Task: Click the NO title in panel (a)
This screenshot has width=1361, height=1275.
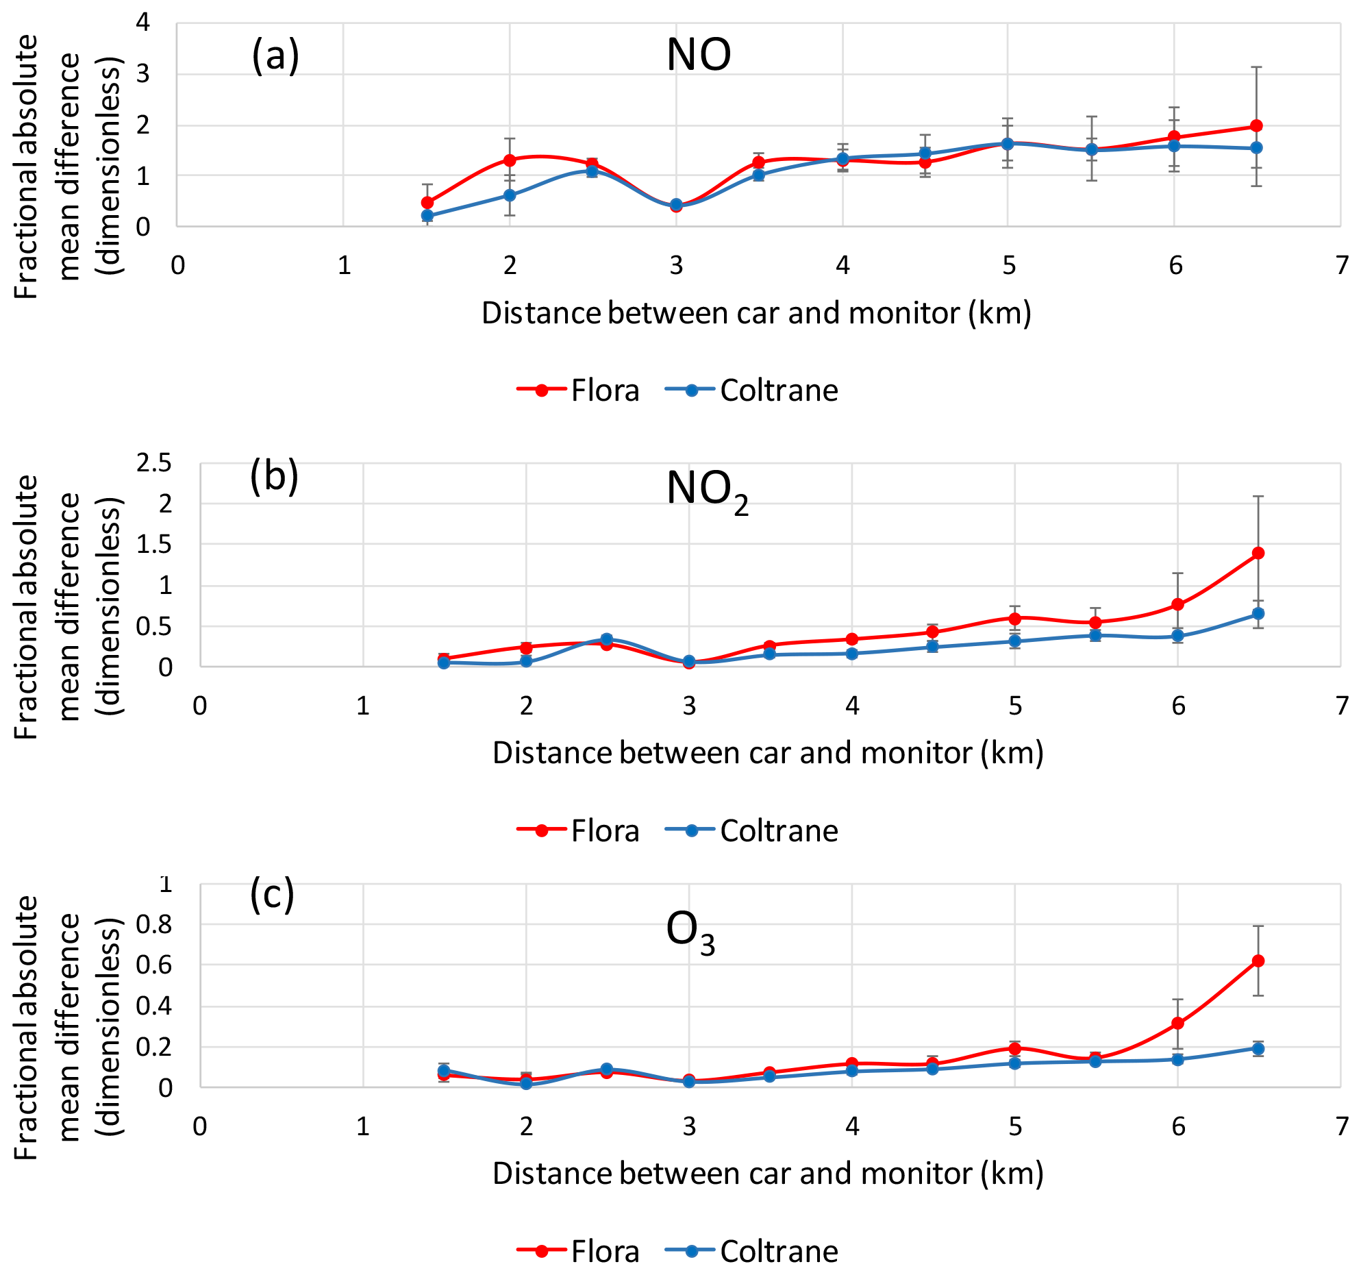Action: [699, 55]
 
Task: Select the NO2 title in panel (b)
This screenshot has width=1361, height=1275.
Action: [707, 491]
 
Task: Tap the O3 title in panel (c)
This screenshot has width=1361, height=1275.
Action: [690, 932]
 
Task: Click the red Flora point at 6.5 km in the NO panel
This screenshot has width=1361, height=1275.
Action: [1256, 126]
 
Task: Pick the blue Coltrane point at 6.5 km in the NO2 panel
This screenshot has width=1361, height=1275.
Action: [1258, 614]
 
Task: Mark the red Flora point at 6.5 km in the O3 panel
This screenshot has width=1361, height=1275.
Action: [1258, 961]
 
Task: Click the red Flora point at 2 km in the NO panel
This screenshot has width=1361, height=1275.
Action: [510, 160]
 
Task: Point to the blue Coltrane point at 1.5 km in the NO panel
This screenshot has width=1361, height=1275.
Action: [427, 216]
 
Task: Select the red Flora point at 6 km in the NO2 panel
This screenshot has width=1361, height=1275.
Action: [1178, 604]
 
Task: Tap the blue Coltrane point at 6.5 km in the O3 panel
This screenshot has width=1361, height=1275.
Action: [1258, 1049]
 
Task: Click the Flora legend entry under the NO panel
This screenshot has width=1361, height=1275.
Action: [579, 391]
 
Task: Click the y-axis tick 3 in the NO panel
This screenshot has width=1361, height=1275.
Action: [142, 74]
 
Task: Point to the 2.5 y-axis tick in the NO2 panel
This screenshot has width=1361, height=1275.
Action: [154, 464]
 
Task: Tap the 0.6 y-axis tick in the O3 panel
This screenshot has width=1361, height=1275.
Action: [154, 965]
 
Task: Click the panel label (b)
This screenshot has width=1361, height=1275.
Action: [274, 476]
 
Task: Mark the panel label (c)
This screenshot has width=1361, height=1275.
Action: [272, 895]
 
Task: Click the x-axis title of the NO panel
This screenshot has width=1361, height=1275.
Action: [756, 314]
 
